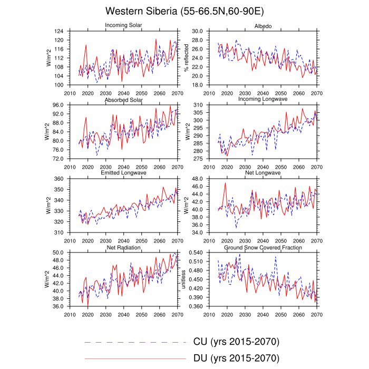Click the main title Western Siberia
pyautogui.click(x=184, y=11)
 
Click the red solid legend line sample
pyautogui.click(x=135, y=358)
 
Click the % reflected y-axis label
pyautogui.click(x=186, y=58)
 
